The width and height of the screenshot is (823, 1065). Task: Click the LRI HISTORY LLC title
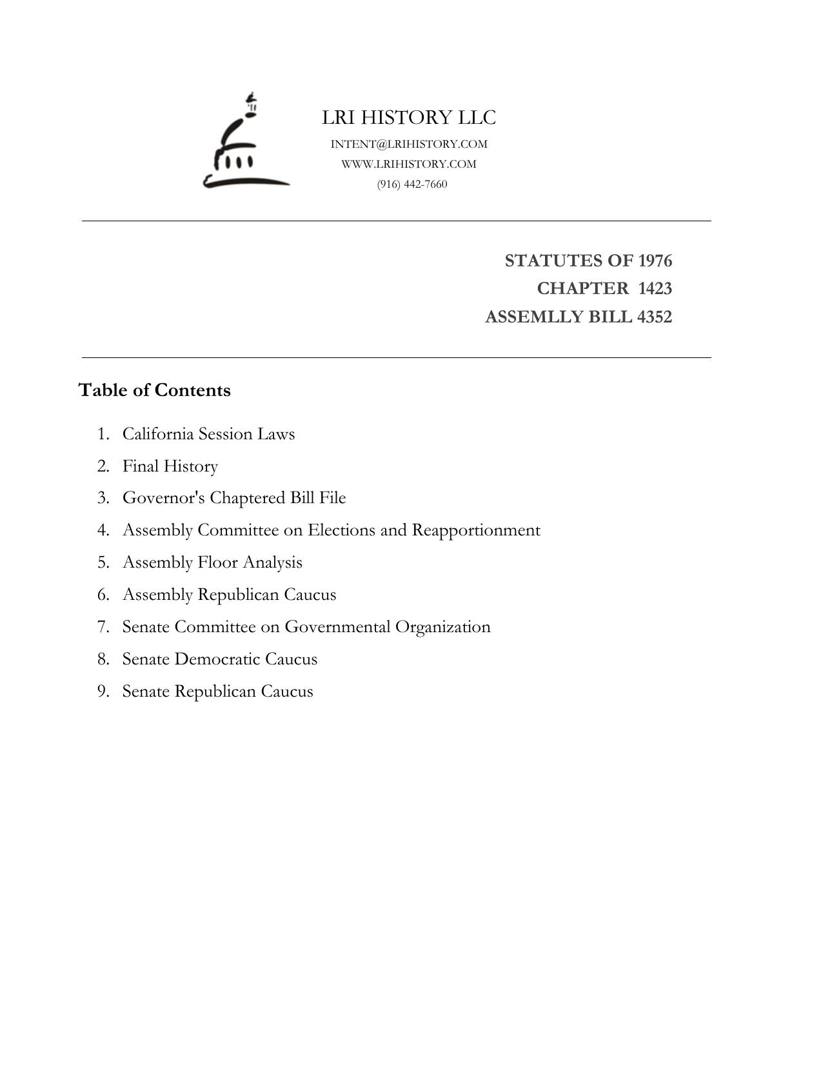coord(409,117)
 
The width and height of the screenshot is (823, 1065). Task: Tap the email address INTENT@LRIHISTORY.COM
coord(409,144)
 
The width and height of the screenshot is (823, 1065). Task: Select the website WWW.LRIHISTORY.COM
coord(409,164)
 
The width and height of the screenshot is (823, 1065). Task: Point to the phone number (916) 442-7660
coord(412,184)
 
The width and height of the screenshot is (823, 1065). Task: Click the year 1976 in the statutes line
coord(655,261)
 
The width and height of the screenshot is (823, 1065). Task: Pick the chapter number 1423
coord(655,288)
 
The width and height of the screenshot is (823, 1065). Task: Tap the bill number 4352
coord(654,317)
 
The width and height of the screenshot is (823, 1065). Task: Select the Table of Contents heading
coord(154,390)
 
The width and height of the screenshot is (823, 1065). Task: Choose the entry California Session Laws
coord(208,433)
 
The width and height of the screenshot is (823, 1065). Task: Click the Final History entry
coord(170,466)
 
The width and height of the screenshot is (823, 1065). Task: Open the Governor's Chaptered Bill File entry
coord(234,498)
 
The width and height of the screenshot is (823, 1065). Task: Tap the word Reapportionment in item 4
coord(476,530)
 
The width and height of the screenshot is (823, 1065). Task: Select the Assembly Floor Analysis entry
coord(212,562)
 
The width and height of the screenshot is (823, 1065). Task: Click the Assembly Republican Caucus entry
coord(229,595)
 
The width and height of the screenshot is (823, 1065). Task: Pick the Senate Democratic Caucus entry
coord(220,659)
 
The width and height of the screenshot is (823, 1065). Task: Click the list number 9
coord(103,692)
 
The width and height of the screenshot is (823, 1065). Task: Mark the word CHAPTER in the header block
coord(582,288)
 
